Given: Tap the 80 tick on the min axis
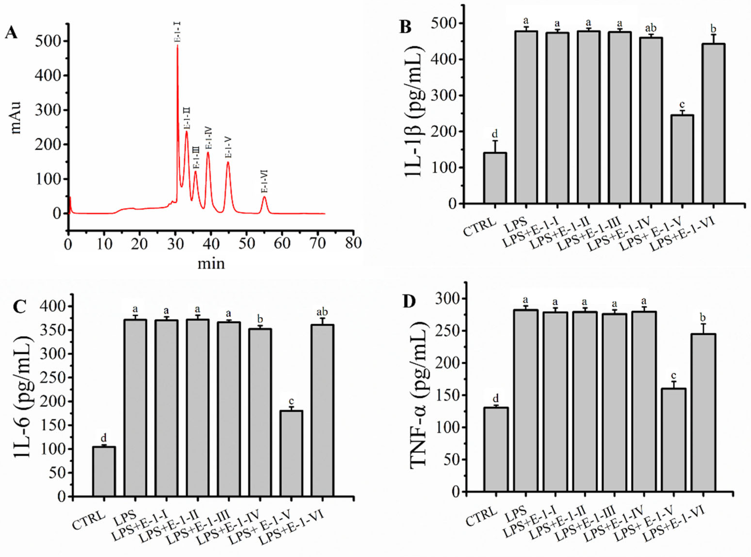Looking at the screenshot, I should coord(353,243).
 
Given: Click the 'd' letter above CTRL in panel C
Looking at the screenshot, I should coord(104,438).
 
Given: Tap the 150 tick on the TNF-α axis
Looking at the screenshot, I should coord(447,395).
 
